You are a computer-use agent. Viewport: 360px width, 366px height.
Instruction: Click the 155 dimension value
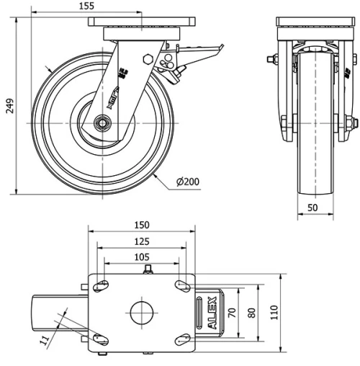point(86,6)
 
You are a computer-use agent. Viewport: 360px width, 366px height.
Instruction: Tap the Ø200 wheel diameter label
point(187,181)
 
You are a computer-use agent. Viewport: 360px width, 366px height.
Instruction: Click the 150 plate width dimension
point(141,225)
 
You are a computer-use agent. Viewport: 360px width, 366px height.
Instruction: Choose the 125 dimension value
point(141,241)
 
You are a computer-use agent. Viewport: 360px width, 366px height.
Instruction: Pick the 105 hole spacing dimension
point(141,257)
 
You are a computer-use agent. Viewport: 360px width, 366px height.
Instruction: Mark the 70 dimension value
point(233,313)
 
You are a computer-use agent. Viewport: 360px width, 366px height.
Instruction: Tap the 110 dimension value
point(274,314)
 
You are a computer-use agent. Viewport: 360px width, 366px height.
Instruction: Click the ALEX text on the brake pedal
point(212,313)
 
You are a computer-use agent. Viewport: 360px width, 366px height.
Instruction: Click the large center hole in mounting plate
point(142,313)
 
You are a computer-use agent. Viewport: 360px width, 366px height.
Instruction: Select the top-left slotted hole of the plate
point(102,286)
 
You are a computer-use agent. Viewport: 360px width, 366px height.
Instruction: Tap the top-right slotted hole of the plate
point(181,286)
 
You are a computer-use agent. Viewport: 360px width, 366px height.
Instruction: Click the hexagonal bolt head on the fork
point(148,58)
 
